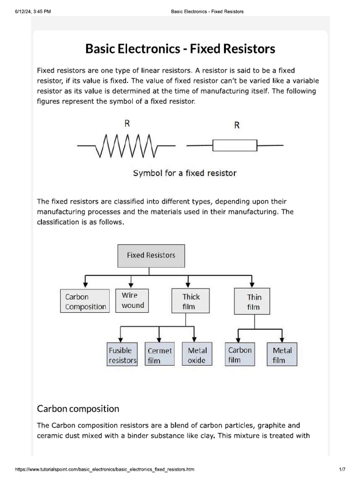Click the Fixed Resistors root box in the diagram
pyautogui.click(x=150, y=255)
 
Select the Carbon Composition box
pyautogui.click(x=84, y=301)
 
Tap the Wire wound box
pyautogui.click(x=132, y=300)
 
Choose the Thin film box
pyautogui.click(x=253, y=302)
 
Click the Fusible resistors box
pyautogui.click(x=122, y=355)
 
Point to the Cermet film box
pyautogui.click(x=160, y=355)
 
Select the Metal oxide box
pyautogui.click(x=196, y=355)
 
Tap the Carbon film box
pyautogui.click(x=240, y=355)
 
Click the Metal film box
pyautogui.click(x=282, y=355)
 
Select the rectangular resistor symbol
pyautogui.click(x=234, y=145)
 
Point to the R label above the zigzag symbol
pyautogui.click(x=127, y=124)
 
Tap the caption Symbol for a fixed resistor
pyautogui.click(x=185, y=173)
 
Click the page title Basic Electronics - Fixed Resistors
pyautogui.click(x=180, y=49)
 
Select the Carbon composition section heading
pyautogui.click(x=78, y=409)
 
